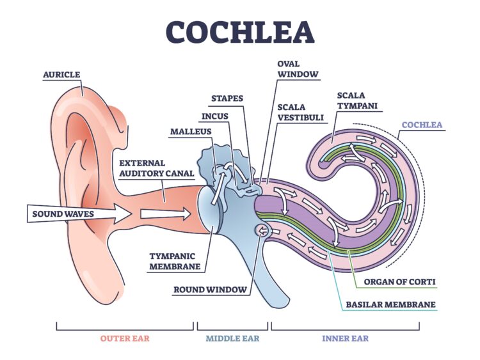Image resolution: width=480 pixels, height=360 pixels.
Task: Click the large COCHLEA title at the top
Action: pos(240,32)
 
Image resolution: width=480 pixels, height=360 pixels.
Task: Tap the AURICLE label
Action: pos(61,74)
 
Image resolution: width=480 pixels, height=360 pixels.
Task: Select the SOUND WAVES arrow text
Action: pos(63,214)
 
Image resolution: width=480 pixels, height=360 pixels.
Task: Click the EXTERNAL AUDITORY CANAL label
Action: pos(157,168)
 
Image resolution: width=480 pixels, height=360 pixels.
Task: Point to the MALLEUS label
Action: pos(191,132)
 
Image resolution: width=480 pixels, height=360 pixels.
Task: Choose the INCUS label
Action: pos(215,116)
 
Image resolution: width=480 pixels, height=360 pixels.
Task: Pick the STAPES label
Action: pos(227,98)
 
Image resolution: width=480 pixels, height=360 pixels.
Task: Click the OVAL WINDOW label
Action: pos(298,69)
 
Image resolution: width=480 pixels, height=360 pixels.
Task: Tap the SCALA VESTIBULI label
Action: pos(300,113)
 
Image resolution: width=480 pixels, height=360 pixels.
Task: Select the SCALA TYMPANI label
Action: pos(357,100)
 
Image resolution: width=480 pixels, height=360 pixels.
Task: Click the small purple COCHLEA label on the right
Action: pos(422,125)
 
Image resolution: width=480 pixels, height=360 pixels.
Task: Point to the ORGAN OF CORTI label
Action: pos(399,282)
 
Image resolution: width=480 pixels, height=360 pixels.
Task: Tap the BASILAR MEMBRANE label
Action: pos(390,304)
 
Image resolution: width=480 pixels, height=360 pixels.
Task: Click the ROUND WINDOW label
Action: pos(210,290)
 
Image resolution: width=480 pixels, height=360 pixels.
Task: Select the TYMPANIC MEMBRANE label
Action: pos(175,261)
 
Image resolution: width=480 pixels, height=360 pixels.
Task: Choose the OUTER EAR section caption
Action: pos(125,339)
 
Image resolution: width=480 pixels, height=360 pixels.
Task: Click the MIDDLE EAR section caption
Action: pos(233,339)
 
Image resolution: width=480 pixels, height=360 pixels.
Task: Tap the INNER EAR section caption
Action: pos(346,339)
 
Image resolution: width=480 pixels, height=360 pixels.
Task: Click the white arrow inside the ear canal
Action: pos(166,214)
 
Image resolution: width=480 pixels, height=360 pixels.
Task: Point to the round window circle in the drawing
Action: pos(262,231)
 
